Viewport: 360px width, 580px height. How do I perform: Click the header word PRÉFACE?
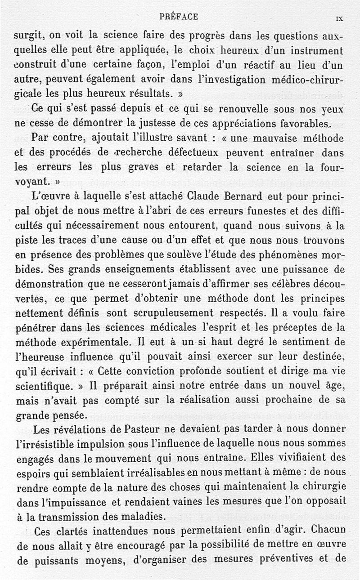[178, 17]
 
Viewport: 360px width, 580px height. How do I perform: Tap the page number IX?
[339, 19]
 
